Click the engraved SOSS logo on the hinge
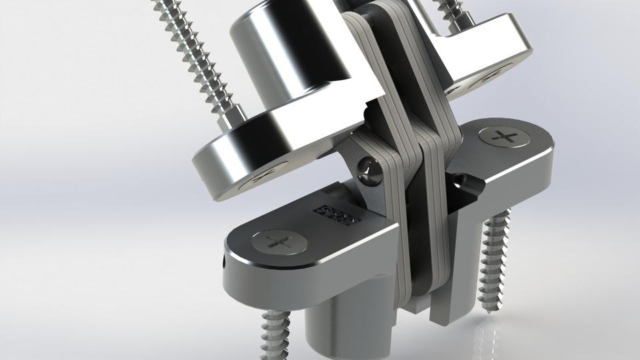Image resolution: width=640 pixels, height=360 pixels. [339, 215]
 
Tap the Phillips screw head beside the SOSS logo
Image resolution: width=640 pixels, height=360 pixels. [279, 241]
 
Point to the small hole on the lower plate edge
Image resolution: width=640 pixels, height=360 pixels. [223, 262]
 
